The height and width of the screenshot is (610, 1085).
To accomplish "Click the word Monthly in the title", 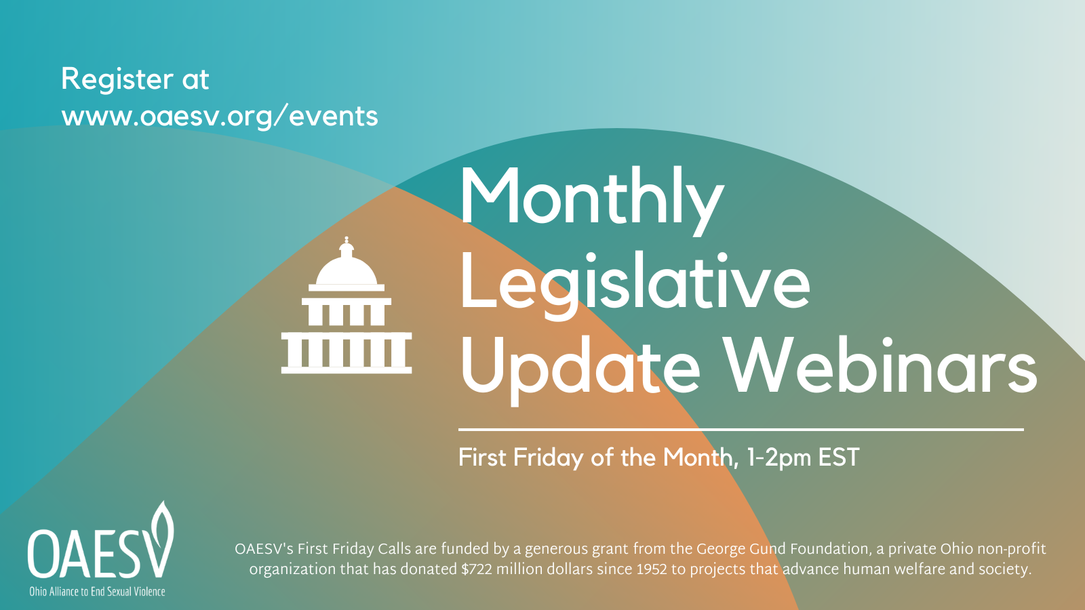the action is click(x=592, y=201).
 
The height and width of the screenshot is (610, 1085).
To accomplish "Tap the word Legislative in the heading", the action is click(x=635, y=285).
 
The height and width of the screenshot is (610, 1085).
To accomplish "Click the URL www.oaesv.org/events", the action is click(x=220, y=117).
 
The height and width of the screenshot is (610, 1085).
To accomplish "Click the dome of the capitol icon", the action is click(x=347, y=270).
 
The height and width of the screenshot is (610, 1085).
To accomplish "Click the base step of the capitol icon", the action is click(x=347, y=370).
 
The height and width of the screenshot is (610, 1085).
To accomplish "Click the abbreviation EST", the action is click(x=839, y=457).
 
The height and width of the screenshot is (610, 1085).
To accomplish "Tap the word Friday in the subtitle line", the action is click(x=549, y=458).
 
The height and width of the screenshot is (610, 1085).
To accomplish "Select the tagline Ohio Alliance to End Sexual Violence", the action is click(x=98, y=591).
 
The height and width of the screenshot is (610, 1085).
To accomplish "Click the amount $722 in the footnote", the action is click(x=476, y=569).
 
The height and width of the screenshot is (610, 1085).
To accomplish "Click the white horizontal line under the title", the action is click(x=741, y=430).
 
